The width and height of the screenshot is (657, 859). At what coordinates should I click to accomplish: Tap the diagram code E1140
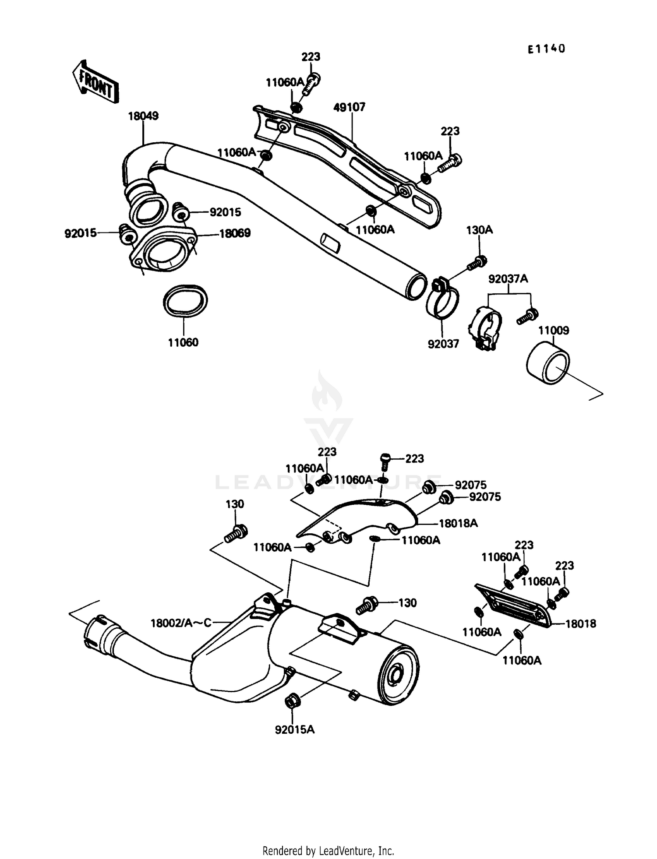546,49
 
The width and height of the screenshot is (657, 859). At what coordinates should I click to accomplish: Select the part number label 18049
143,116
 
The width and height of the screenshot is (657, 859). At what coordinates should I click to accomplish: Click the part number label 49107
349,107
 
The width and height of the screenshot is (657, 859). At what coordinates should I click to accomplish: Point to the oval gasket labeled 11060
185,300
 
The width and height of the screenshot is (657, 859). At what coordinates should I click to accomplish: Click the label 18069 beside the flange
235,233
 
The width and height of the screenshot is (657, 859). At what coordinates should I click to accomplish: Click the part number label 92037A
508,278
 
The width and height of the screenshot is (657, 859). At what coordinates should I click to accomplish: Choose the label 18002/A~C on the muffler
181,622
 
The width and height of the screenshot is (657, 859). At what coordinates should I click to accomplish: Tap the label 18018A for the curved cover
458,523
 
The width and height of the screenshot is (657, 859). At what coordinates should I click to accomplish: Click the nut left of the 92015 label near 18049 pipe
180,213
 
